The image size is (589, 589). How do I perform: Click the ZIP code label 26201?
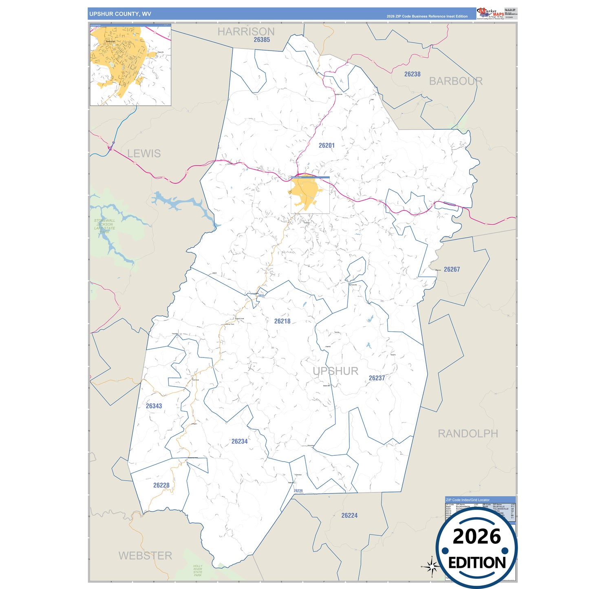click(x=326, y=146)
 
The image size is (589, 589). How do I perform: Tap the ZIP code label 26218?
click(x=282, y=321)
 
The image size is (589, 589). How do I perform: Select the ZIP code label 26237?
click(x=377, y=378)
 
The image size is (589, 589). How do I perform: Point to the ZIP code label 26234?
click(x=239, y=441)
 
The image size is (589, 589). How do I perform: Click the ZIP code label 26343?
click(x=154, y=406)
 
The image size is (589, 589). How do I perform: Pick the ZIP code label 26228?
click(x=161, y=485)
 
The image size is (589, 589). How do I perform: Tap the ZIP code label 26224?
click(x=349, y=516)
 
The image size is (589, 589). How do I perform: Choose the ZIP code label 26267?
click(x=452, y=269)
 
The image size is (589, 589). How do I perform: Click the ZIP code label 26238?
click(x=412, y=74)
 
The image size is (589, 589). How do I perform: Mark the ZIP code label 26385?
click(x=262, y=40)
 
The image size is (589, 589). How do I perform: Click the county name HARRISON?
click(x=246, y=31)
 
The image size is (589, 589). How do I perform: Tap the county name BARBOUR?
click(x=456, y=81)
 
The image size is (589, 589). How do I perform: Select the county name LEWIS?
click(x=144, y=154)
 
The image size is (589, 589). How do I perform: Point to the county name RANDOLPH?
click(x=468, y=434)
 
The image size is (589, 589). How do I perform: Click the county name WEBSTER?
click(x=145, y=556)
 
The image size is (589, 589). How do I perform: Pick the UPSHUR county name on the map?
click(x=335, y=371)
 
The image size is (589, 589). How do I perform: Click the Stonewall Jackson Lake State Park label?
click(x=105, y=226)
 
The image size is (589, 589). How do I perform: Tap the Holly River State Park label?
click(x=198, y=570)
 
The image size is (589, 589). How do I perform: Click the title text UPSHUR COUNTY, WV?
click(x=120, y=14)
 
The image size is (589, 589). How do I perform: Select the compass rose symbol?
click(x=431, y=567)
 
